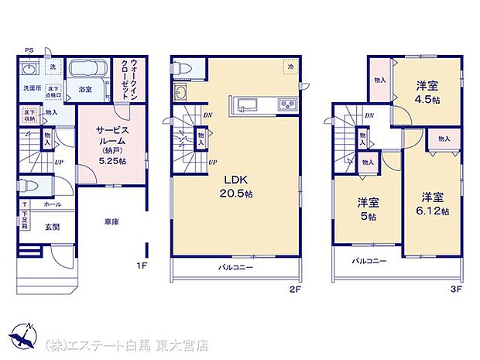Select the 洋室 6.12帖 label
tap(434, 204)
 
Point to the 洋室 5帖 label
tap(368, 209)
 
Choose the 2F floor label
tap(294, 289)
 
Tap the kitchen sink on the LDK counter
tap(249, 105)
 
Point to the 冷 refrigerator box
tap(288, 67)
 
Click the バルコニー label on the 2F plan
tap(235, 267)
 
